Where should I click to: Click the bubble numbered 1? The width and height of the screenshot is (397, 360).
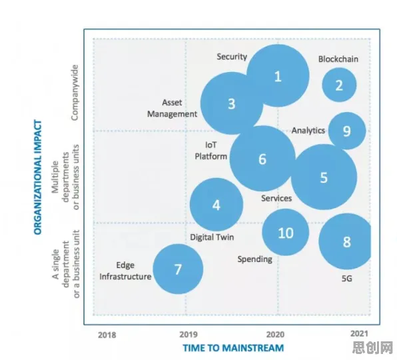point(278,76)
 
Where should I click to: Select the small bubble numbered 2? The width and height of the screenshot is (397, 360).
point(339,85)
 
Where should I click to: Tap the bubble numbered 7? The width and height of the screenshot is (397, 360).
point(178,269)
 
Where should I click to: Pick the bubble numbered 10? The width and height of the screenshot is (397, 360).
point(286,232)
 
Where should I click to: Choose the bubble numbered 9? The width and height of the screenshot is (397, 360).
point(347,131)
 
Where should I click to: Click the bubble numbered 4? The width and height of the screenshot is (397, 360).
point(216,205)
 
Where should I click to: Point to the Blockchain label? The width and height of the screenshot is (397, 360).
point(338,59)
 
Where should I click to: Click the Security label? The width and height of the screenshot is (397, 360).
point(232,57)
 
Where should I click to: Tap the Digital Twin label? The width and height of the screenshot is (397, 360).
point(212,237)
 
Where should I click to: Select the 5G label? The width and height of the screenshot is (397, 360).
point(347,279)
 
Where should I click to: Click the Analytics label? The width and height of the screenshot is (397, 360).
point(308,131)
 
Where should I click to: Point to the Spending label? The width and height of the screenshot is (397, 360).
point(254,259)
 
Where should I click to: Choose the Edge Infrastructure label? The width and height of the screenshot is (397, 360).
point(125,271)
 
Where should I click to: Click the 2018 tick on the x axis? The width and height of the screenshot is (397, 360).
point(107,335)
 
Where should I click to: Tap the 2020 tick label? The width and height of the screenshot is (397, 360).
point(275,335)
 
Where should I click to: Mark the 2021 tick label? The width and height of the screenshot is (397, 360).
point(359,333)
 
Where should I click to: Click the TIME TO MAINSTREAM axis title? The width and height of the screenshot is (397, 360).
point(233,348)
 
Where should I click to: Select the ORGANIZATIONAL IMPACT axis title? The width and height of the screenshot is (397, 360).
point(37,177)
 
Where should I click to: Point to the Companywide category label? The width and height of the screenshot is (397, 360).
point(75,93)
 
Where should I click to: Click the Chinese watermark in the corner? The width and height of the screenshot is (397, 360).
point(372,347)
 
